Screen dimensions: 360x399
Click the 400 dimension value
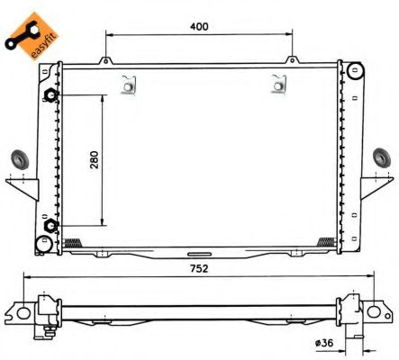pos(199,26)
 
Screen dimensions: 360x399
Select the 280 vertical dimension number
pos(93,159)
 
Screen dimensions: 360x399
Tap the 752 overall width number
pos(199,267)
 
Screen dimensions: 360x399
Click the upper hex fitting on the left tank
pos(51,95)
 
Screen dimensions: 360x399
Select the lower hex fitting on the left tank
pos(51,225)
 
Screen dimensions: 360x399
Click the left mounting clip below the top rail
pos(129,85)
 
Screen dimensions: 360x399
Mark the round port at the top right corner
pos(358,72)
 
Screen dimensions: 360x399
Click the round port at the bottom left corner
pos(42,244)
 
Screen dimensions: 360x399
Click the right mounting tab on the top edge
pos(294,61)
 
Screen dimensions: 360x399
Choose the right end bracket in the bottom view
pos(367,314)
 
